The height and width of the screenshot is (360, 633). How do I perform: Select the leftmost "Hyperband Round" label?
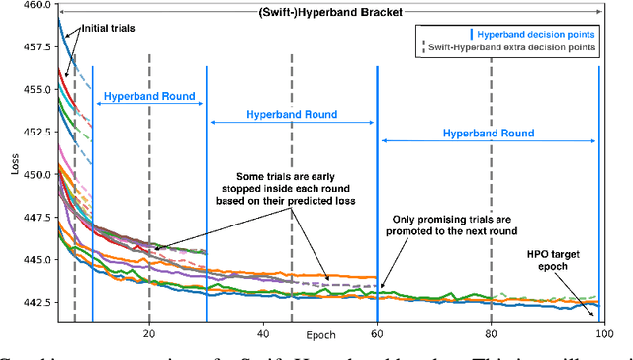(x=148, y=99)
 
